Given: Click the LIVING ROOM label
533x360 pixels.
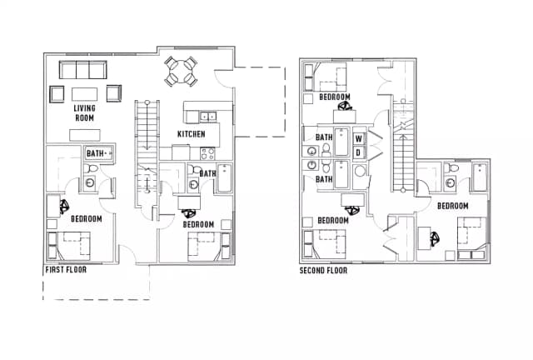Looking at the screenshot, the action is click(x=85, y=113).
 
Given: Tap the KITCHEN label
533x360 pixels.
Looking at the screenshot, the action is click(x=192, y=134).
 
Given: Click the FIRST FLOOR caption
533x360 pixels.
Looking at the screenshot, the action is click(x=66, y=270).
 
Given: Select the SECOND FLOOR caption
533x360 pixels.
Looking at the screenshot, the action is click(x=323, y=271).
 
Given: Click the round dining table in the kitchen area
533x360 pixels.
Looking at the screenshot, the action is click(x=182, y=72).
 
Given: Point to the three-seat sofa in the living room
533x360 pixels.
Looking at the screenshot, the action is click(x=83, y=70).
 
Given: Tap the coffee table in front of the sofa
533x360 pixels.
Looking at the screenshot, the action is click(x=85, y=94).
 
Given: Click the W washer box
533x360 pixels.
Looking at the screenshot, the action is click(x=359, y=138).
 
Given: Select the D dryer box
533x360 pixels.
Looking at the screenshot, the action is click(x=359, y=152).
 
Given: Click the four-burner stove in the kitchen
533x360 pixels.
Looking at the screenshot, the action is click(x=207, y=153).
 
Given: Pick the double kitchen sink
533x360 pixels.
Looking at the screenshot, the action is click(x=207, y=117).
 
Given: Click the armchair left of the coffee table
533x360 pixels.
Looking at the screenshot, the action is click(x=57, y=94).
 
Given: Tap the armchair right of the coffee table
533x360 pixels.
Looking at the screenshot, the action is click(x=114, y=93).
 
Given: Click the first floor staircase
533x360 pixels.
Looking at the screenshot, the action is click(x=147, y=153).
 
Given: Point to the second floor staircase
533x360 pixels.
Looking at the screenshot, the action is click(x=403, y=147).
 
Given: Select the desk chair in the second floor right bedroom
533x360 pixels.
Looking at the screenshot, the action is click(x=435, y=239).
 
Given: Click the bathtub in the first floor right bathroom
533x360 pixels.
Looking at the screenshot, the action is click(x=224, y=178).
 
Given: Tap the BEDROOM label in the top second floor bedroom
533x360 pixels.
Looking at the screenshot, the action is click(x=335, y=97).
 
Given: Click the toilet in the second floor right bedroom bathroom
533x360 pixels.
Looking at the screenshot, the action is click(x=451, y=167).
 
